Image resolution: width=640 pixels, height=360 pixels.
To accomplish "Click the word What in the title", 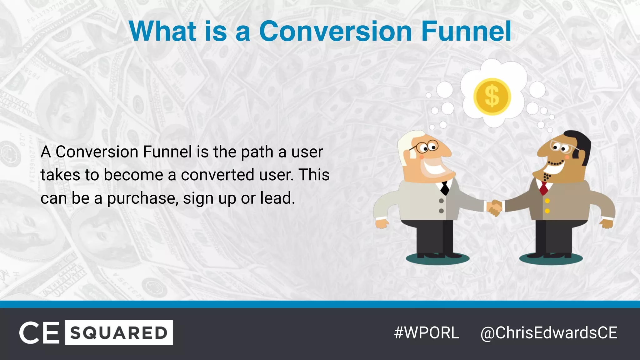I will click(162, 31).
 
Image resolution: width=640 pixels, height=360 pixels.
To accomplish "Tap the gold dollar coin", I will click(492, 97).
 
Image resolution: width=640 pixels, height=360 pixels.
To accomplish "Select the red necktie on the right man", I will click(544, 187).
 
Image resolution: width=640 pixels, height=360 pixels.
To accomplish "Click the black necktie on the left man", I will click(445, 187).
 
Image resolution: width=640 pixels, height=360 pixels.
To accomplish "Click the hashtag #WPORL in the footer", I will click(427, 332).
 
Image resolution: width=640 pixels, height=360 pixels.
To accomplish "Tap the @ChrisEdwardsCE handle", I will click(549, 332).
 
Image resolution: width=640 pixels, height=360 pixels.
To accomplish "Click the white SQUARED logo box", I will click(119, 332).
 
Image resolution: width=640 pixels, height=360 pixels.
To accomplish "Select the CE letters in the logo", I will click(39, 332).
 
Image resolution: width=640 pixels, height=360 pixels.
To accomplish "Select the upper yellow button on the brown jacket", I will click(547, 201).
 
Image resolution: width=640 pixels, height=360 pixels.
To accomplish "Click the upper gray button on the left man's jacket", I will click(441, 201).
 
